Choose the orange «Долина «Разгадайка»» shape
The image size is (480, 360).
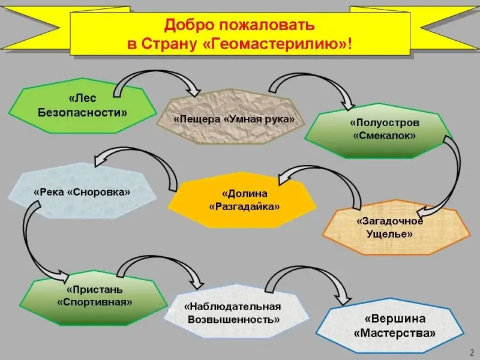[x=244, y=200]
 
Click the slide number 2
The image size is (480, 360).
[x=471, y=352]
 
